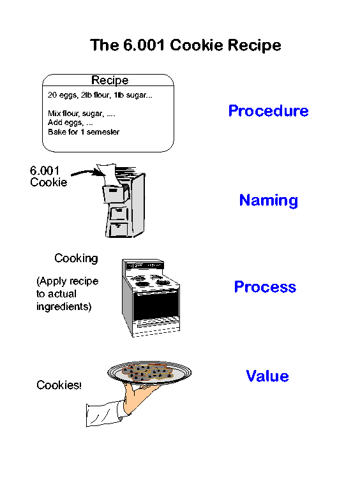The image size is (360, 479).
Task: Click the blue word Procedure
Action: pos(268,110)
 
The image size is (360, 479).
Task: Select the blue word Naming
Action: pos(269,200)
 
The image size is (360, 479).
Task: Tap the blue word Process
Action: pos(265,287)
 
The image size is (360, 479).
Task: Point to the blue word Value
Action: pos(267,376)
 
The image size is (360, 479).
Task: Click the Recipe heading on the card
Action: pos(110,80)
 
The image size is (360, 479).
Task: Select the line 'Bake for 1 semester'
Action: pos(84,132)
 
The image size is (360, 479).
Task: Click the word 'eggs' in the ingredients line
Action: pos(68,95)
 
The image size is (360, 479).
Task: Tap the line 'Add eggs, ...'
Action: pos(70,122)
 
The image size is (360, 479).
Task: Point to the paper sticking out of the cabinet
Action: pos(108,175)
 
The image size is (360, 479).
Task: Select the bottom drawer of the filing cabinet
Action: pos(118,229)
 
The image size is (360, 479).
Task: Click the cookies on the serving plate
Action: pos(147,372)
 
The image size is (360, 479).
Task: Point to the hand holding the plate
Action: pos(140,397)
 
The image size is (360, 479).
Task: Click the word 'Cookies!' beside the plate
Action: pos(59,385)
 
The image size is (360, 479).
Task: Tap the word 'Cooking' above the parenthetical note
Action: pos(76,258)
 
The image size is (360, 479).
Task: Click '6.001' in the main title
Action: pos(144,45)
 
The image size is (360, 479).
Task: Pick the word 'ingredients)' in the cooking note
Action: pos(64,306)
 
